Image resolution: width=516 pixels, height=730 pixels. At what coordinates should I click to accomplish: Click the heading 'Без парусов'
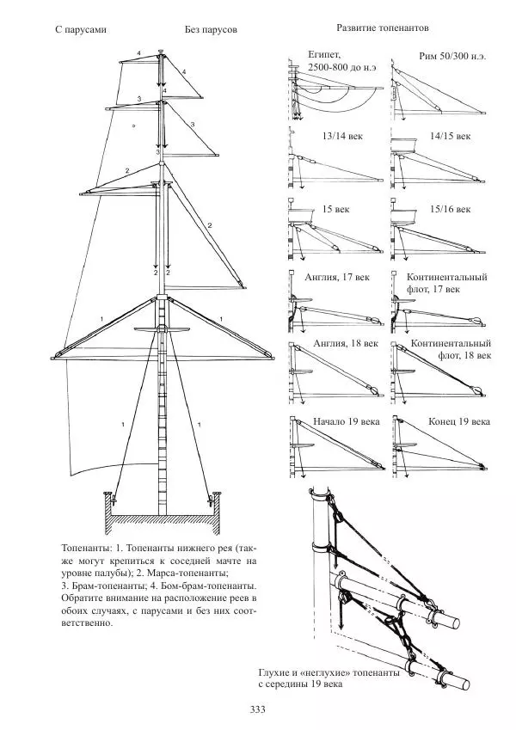(x=211, y=29)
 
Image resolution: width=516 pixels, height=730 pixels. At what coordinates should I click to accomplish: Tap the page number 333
(x=257, y=709)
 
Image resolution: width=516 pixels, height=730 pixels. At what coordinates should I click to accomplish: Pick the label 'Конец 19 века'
(x=459, y=423)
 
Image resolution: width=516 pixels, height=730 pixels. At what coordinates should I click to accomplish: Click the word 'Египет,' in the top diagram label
(x=325, y=54)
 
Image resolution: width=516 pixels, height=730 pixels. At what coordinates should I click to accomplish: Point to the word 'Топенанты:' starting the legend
(x=87, y=547)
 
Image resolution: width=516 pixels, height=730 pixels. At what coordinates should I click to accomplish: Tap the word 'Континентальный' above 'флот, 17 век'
(x=446, y=278)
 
